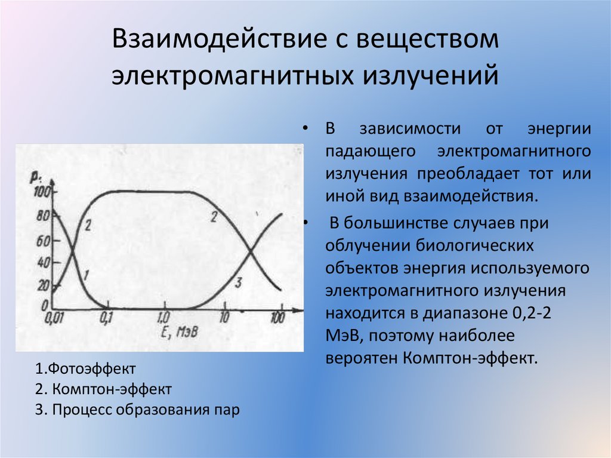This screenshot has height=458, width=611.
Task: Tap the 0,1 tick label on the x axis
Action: click(x=106, y=318)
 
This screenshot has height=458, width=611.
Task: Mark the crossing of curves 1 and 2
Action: click(x=73, y=251)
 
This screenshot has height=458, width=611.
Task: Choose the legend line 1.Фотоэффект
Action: click(x=85, y=368)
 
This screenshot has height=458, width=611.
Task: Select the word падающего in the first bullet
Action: click(x=370, y=152)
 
